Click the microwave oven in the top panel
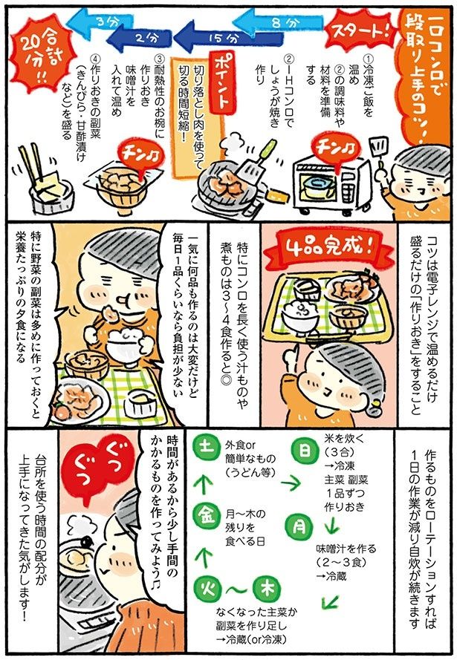331,182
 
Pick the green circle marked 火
204,587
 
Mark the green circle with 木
266,587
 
